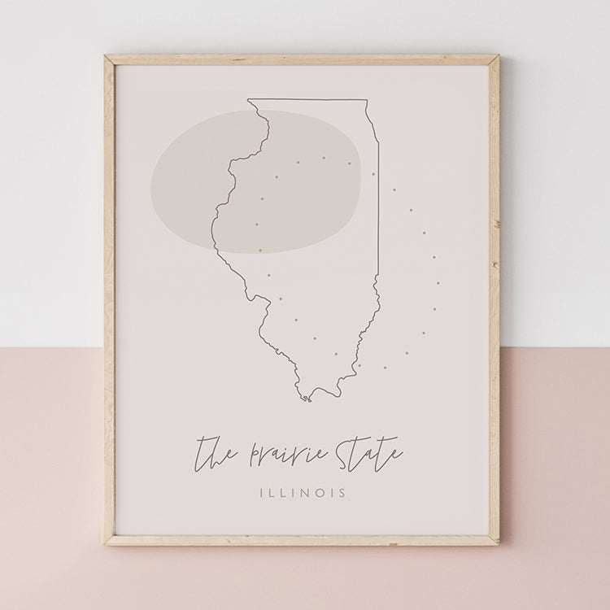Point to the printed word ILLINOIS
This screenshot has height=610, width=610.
click(x=303, y=493)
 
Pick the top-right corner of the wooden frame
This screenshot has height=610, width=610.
click(x=497, y=58)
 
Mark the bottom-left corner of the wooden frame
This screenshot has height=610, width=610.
click(x=106, y=542)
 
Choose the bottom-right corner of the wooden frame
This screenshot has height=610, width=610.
click(x=497, y=542)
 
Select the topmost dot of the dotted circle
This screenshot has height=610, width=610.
click(x=323, y=158)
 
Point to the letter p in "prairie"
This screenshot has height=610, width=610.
click(x=253, y=455)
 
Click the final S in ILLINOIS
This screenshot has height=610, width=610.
click(x=342, y=493)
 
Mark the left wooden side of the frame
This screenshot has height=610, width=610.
click(x=109, y=301)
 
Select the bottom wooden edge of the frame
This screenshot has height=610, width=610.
click(x=301, y=539)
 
